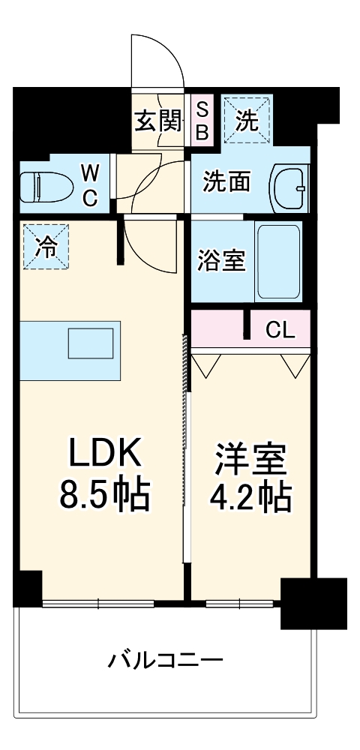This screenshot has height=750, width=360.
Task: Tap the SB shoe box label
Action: pos(202,121)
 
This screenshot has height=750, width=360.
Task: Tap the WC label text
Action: pos(89,186)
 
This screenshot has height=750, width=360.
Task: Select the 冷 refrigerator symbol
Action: pos(46,247)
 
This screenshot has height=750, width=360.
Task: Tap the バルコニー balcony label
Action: pos(166,660)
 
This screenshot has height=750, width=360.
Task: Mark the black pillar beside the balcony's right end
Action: pos(313,604)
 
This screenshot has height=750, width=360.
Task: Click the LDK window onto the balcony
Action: pos(98,602)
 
